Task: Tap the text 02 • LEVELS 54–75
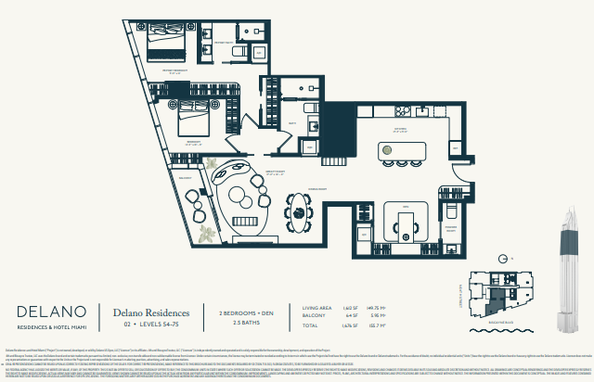coord(151,325)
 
